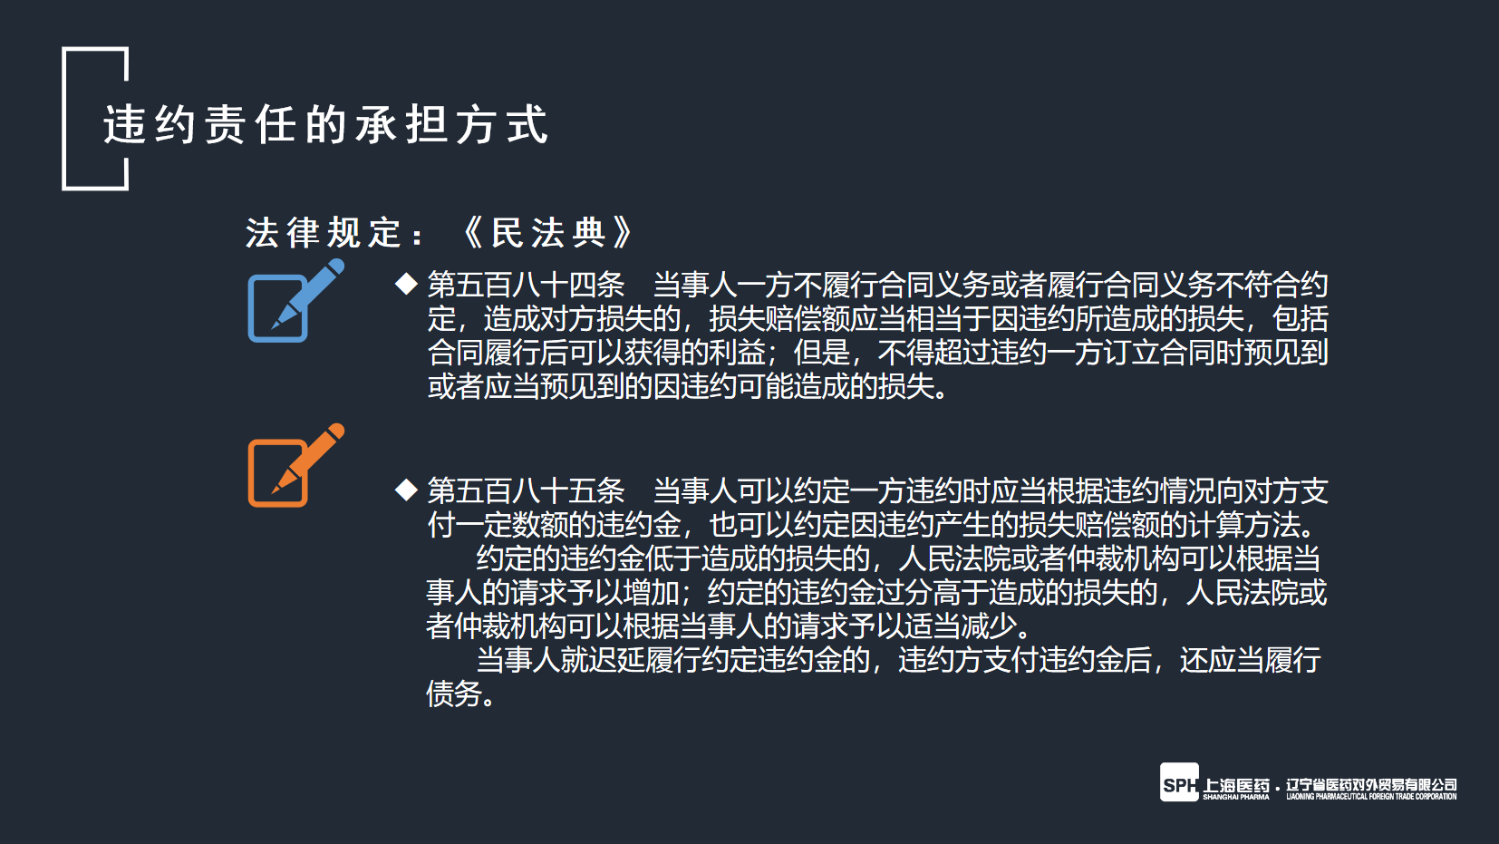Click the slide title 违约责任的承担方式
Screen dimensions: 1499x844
point(326,124)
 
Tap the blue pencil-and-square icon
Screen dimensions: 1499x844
point(295,301)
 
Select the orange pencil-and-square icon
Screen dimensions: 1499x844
point(295,465)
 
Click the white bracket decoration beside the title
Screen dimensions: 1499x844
point(65,119)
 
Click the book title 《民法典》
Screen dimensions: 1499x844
point(547,233)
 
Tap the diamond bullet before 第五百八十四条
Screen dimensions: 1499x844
point(406,284)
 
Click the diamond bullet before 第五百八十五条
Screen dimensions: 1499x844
point(406,490)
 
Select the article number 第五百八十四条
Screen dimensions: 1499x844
point(526,286)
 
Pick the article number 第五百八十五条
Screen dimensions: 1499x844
point(526,491)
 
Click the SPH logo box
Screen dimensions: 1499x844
point(1179,781)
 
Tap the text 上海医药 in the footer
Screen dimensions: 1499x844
point(1236,785)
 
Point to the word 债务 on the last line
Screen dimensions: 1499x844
point(454,694)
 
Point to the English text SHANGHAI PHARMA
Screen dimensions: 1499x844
point(1236,797)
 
